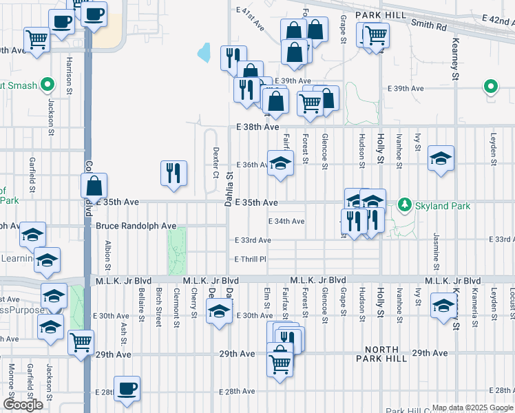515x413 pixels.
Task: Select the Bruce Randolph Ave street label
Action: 136,226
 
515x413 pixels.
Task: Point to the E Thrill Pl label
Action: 250,259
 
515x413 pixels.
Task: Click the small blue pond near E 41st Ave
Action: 204,52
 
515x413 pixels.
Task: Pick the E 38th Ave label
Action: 257,127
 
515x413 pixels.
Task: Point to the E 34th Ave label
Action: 286,221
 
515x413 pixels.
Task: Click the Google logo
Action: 23,405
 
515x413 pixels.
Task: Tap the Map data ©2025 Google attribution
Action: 472,407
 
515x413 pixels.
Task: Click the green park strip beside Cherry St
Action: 177,249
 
